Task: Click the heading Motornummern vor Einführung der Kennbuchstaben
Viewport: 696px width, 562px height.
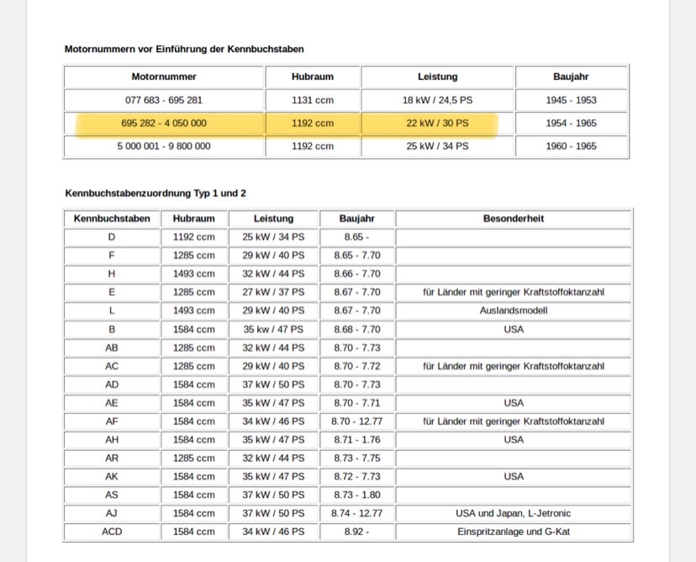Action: pyautogui.click(x=184, y=50)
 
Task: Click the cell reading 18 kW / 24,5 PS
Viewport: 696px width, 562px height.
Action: pyautogui.click(x=437, y=100)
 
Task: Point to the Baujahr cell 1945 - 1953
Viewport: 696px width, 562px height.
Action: pyautogui.click(x=571, y=100)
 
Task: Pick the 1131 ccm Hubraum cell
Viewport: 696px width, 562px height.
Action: pyautogui.click(x=313, y=100)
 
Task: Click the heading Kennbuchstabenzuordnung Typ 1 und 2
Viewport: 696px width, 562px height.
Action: pyautogui.click(x=156, y=194)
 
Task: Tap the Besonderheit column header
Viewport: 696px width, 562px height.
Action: pyautogui.click(x=513, y=219)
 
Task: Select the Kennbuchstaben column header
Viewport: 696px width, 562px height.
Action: pyautogui.click(x=112, y=219)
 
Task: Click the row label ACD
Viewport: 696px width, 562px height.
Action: pyautogui.click(x=112, y=532)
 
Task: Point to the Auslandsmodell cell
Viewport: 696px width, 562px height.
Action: pyautogui.click(x=513, y=310)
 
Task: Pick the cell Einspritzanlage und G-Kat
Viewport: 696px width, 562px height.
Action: pyautogui.click(x=513, y=532)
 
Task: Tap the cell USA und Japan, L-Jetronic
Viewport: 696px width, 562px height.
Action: pyautogui.click(x=513, y=513)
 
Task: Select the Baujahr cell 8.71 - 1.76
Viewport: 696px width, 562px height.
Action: pyautogui.click(x=356, y=439)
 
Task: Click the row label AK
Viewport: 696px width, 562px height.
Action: pyautogui.click(x=112, y=476)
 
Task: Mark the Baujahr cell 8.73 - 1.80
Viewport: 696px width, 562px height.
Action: pyautogui.click(x=356, y=495)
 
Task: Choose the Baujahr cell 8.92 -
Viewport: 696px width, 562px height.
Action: pyautogui.click(x=356, y=532)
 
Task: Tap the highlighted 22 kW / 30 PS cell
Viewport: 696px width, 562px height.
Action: pyautogui.click(x=437, y=123)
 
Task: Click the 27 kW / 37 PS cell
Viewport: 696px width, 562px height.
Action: pyautogui.click(x=273, y=292)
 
